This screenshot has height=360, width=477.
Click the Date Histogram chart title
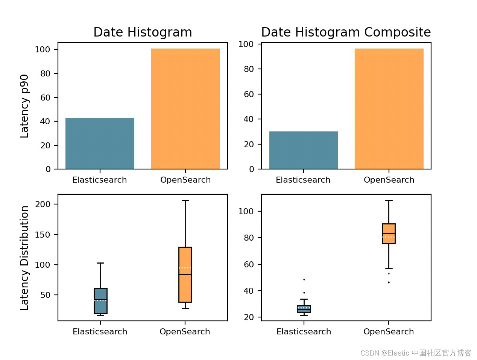click(x=143, y=32)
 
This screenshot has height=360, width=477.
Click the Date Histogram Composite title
click(x=346, y=32)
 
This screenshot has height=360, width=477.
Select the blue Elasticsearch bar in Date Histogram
click(x=100, y=143)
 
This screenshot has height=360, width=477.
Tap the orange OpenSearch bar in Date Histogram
click(x=185, y=109)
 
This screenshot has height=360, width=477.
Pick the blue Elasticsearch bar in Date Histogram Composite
click(x=303, y=150)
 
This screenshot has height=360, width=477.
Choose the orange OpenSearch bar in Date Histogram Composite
click(x=389, y=109)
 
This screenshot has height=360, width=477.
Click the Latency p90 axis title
click(x=24, y=106)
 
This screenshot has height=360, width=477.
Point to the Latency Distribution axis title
click(x=24, y=258)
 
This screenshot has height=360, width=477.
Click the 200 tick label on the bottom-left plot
click(x=42, y=204)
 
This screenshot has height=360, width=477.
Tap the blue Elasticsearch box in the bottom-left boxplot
click(x=100, y=301)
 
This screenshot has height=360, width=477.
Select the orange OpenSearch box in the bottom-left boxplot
click(x=185, y=275)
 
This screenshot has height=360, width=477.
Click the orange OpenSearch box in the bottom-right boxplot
click(x=389, y=233)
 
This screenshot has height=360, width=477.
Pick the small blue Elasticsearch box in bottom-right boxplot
click(x=304, y=309)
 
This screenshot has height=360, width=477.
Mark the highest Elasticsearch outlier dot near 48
click(x=304, y=279)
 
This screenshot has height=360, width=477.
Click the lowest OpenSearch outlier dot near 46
click(x=389, y=282)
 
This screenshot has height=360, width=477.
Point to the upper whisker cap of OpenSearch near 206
click(x=185, y=201)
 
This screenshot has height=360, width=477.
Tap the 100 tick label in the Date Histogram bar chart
click(x=42, y=49)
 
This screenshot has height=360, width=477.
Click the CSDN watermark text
click(x=416, y=353)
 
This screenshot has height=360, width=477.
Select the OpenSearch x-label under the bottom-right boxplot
click(x=389, y=332)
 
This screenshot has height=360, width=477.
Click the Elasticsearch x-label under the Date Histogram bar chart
click(x=100, y=180)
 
